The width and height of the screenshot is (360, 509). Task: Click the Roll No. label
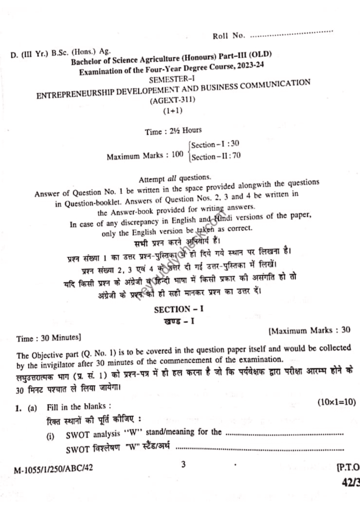tap(229, 35)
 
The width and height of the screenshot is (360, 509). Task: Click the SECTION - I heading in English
tap(179, 309)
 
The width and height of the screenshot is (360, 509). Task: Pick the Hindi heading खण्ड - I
tap(179, 321)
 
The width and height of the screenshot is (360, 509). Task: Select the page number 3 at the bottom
tap(183, 464)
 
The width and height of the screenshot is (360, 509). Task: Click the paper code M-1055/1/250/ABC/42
tap(55, 468)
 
